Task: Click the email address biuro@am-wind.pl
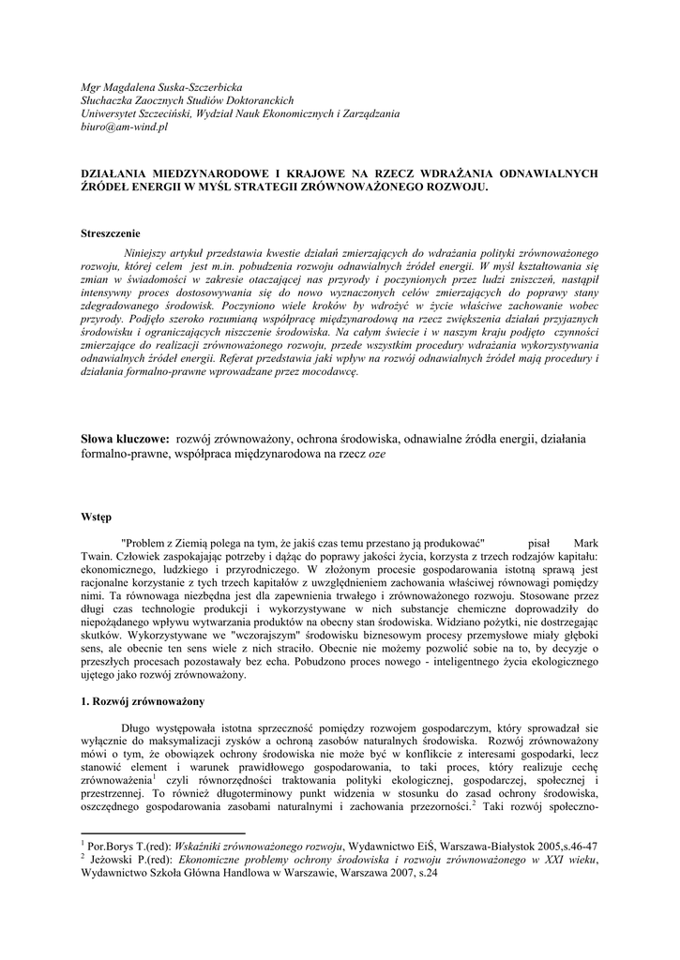point(124,127)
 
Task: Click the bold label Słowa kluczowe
point(125,437)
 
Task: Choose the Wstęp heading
point(96,516)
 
